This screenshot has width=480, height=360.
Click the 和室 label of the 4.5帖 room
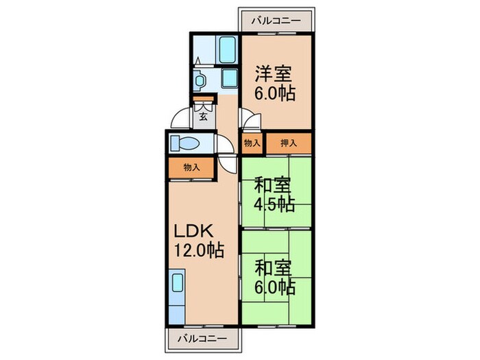click(273, 185)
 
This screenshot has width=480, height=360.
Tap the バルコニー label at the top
click(276, 21)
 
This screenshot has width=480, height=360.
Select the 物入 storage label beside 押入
click(252, 143)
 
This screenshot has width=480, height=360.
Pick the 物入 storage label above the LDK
click(192, 167)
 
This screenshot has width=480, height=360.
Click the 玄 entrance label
click(204, 116)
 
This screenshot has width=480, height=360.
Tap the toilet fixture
click(184, 143)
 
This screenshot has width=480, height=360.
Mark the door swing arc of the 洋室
click(249, 121)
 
